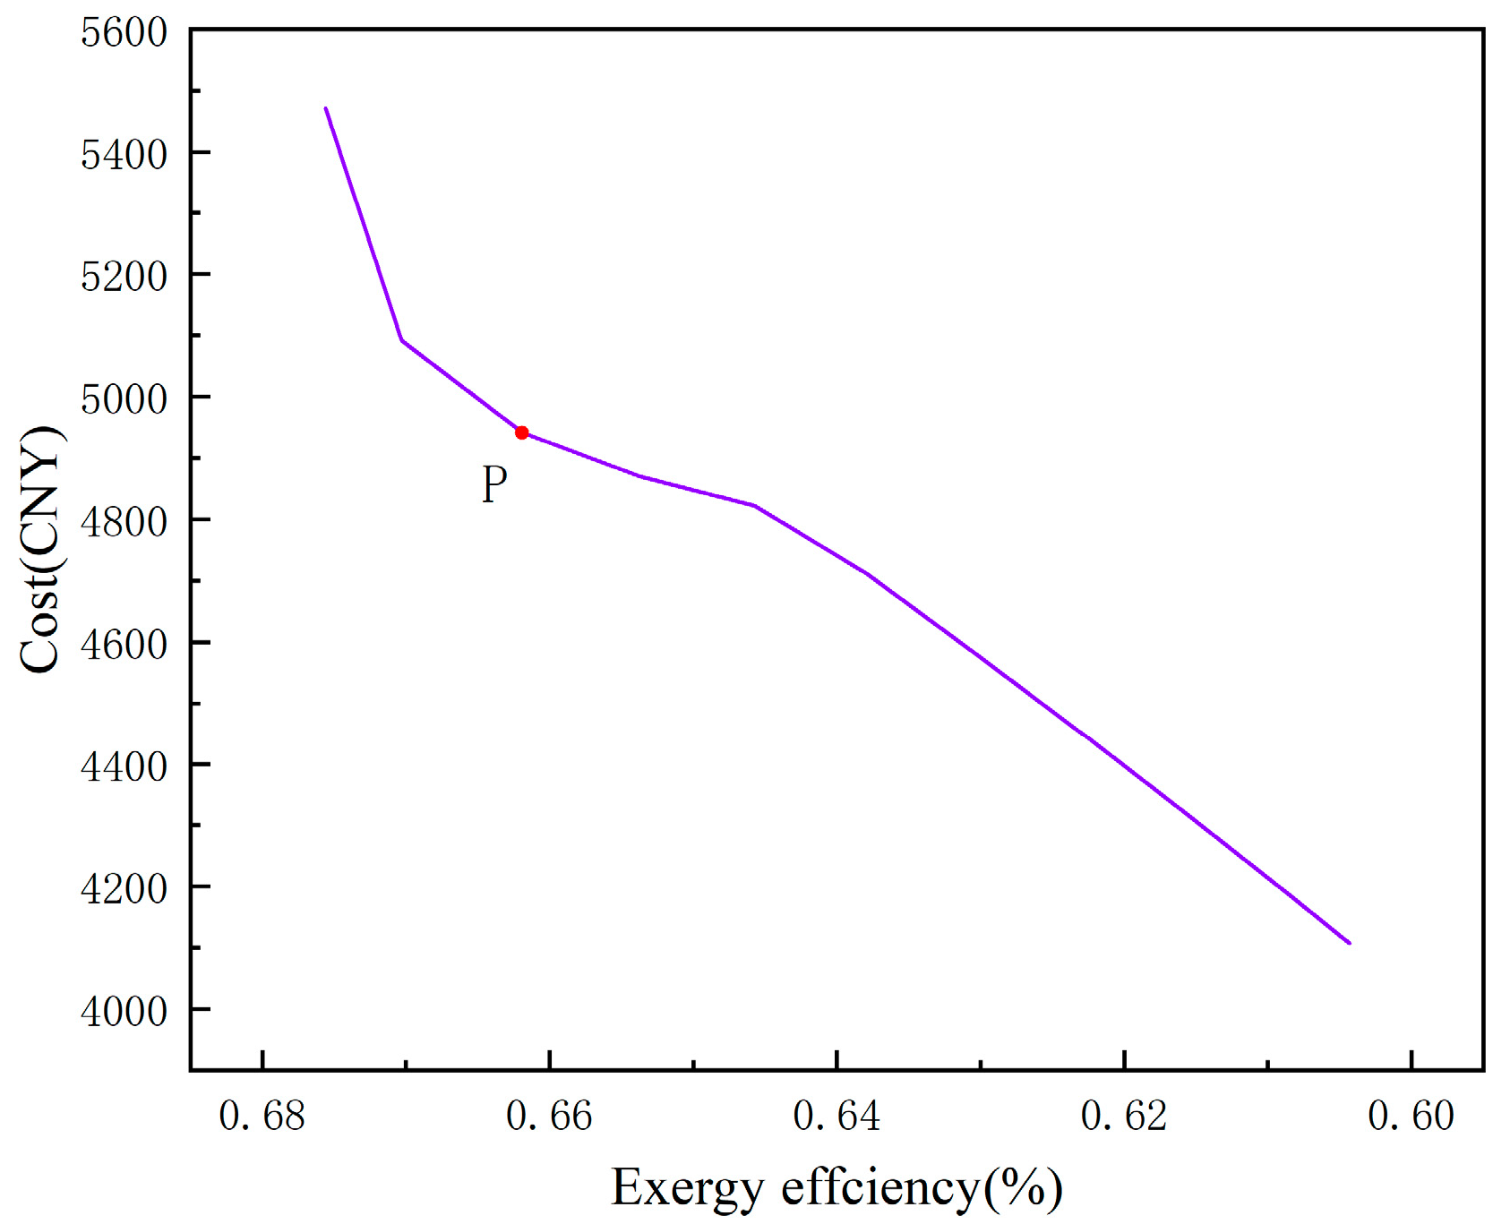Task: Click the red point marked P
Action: coord(521,432)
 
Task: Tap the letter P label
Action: coord(494,484)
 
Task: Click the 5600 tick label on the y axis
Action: coord(124,33)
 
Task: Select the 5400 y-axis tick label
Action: coord(124,155)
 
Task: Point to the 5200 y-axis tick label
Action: coord(124,277)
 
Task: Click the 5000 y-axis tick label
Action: coord(124,399)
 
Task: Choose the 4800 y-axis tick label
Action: coord(124,522)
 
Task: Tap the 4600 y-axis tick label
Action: coord(124,645)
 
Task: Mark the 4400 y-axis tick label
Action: coord(124,766)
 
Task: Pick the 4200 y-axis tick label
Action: coord(124,889)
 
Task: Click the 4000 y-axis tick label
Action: coord(124,1012)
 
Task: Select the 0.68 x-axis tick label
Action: coord(262,1117)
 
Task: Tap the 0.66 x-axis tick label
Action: coord(549,1117)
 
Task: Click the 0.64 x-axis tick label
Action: coord(837,1117)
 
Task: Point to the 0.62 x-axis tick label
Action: coord(1124,1117)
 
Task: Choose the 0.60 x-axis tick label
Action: coord(1411,1117)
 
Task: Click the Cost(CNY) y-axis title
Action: coord(41,549)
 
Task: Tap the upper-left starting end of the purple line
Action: coord(326,108)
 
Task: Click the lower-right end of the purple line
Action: coord(1349,942)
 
